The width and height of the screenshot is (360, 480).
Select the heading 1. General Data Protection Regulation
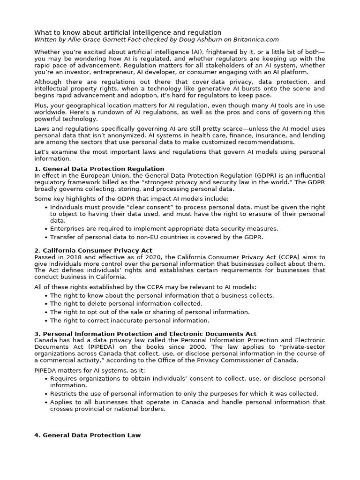[x=99, y=169]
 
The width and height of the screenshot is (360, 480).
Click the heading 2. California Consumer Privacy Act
[x=93, y=251]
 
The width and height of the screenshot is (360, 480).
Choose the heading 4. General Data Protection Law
[x=88, y=435]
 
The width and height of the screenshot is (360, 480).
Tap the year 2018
[x=71, y=257]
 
